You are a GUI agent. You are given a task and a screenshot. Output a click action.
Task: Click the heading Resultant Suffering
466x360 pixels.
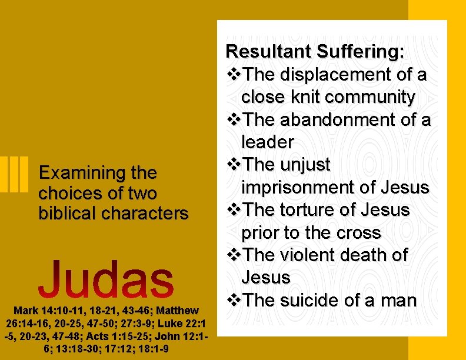click(315, 52)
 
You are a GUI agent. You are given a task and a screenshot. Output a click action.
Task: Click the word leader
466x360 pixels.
click(267, 142)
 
